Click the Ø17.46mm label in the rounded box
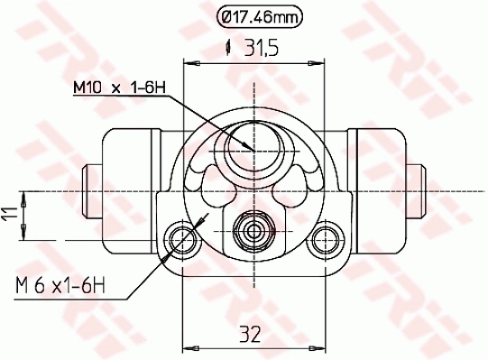259,15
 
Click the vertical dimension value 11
9,215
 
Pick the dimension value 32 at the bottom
250,335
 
